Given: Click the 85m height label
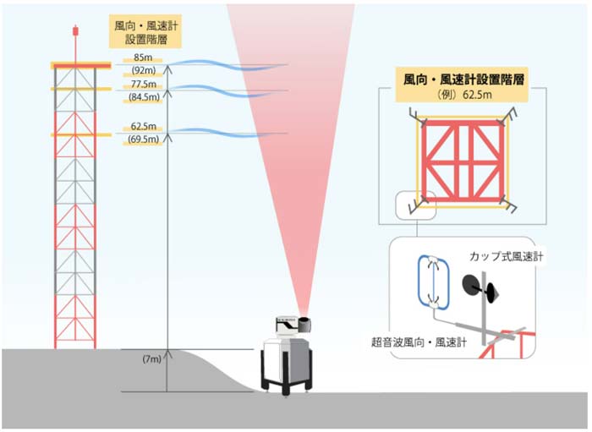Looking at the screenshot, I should [138, 58].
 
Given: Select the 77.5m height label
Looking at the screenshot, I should [140, 85].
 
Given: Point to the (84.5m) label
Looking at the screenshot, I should [140, 97].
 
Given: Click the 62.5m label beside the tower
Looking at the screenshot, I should [140, 128].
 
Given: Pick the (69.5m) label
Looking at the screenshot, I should [140, 139].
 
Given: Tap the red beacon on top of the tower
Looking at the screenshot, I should [77, 30].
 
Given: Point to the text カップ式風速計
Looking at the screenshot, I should [503, 255].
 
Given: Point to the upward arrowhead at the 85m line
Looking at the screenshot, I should [167, 67].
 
